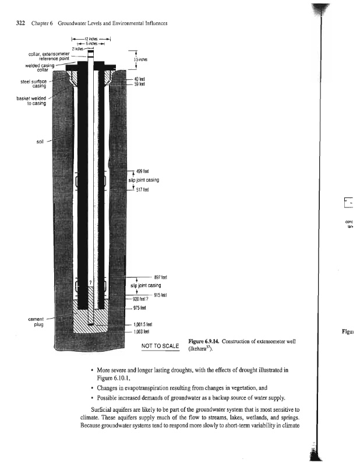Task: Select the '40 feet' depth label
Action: [x=139, y=79]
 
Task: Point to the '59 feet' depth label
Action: [x=139, y=84]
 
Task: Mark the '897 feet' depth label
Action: [x=161, y=277]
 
